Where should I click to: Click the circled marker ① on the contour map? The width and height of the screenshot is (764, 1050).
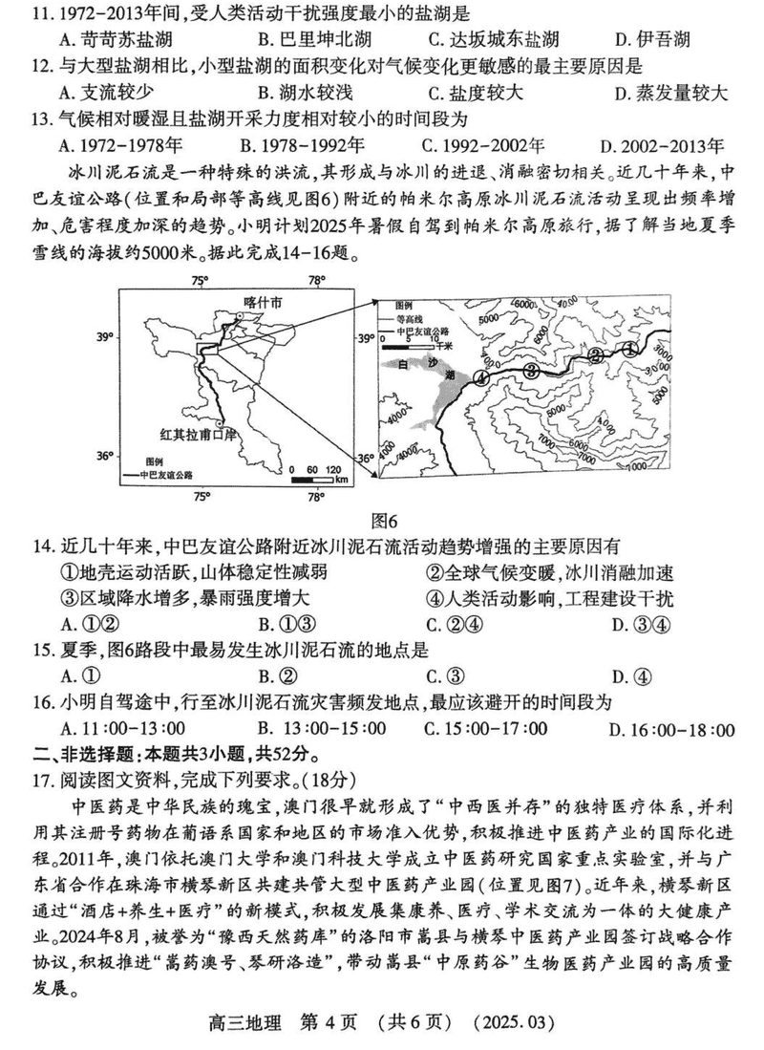pyautogui.click(x=630, y=350)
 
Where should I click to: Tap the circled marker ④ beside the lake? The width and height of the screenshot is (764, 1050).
pyautogui.click(x=481, y=377)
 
